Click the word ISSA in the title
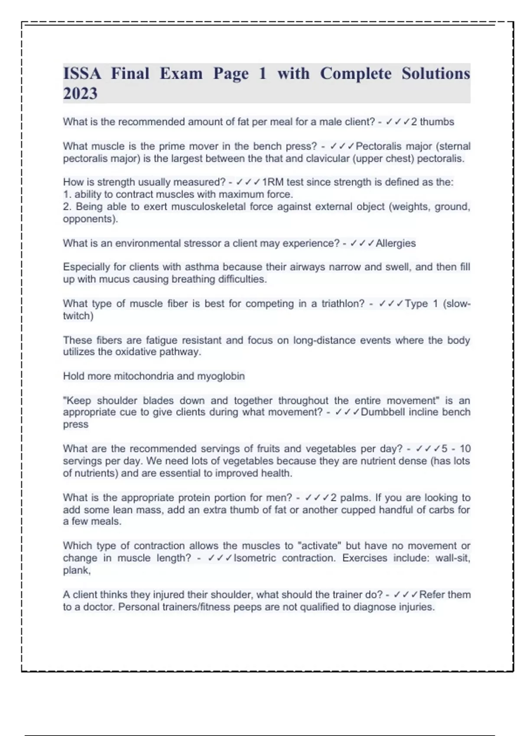[x=82, y=74]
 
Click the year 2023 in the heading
[x=80, y=94]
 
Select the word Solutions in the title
[x=435, y=74]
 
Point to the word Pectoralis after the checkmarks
[x=378, y=146]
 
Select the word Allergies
[x=396, y=243]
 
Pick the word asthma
[x=202, y=267]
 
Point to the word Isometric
[x=254, y=558]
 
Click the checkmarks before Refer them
[x=406, y=595]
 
